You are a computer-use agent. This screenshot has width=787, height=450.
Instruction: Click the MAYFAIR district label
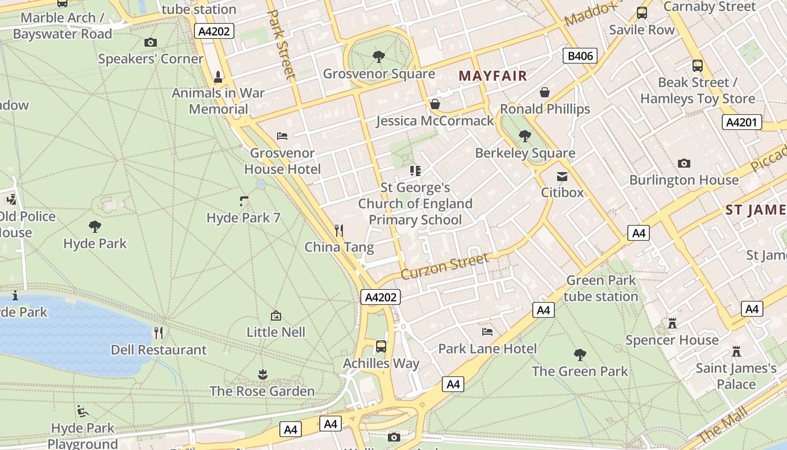point(493,76)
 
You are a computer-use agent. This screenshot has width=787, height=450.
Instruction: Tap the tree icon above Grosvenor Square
point(379,56)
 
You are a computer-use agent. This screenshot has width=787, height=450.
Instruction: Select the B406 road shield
point(580,56)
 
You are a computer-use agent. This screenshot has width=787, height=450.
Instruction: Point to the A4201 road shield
point(742,122)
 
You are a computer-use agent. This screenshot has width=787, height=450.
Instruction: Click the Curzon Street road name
point(445,266)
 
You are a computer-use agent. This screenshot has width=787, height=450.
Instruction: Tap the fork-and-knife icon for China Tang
point(339,230)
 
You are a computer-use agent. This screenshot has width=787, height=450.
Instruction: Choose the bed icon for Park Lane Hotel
point(487,332)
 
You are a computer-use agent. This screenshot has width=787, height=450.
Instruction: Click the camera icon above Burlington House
point(684,164)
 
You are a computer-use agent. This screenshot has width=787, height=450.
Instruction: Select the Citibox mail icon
point(562,177)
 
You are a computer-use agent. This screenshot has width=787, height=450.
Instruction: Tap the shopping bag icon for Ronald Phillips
point(545,92)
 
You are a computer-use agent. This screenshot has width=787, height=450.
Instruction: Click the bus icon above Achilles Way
point(381,346)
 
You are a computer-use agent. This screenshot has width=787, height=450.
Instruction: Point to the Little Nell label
point(276,332)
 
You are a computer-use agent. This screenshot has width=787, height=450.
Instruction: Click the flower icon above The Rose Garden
point(262,374)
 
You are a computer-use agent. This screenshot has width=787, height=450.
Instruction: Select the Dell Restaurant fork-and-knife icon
point(159,333)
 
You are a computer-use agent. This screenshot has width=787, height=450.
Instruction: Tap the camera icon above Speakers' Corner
point(150,42)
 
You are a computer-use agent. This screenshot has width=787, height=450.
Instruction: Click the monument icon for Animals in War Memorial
point(218,76)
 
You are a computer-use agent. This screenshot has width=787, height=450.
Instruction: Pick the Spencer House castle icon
point(672,323)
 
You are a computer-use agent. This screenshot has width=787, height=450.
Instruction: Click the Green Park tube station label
point(601,288)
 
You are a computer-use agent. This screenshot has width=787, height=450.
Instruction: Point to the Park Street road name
point(281,44)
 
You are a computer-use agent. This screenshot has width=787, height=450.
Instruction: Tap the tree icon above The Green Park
point(580,355)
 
